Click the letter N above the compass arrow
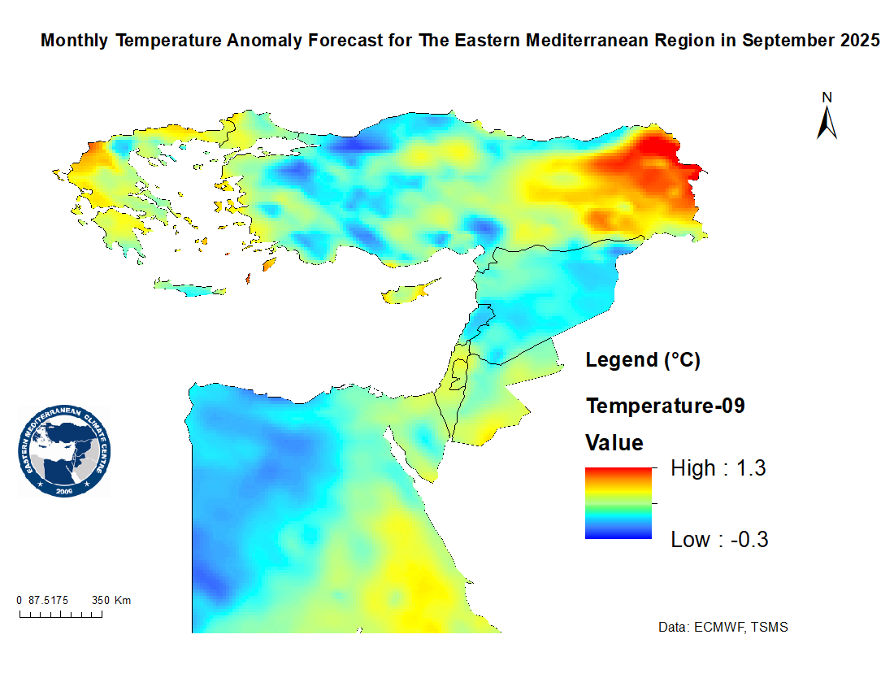(x=827, y=98)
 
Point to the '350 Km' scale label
(x=111, y=601)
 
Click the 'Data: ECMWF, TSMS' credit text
(x=723, y=628)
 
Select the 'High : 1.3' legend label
(x=718, y=468)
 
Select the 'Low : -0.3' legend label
(x=719, y=540)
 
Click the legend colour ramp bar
(x=618, y=503)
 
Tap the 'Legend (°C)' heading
(x=643, y=360)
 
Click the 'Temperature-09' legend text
(x=665, y=406)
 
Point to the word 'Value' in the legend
(x=614, y=443)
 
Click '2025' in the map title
(x=858, y=41)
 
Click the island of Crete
(x=188, y=288)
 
